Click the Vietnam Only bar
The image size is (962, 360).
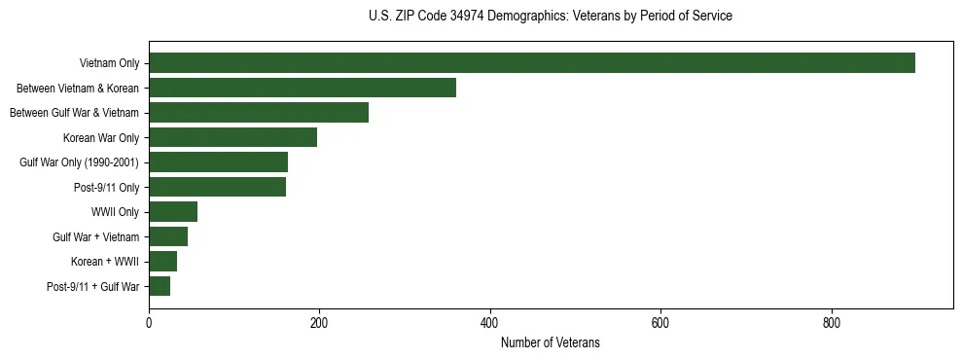532,63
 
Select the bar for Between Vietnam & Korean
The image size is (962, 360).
303,89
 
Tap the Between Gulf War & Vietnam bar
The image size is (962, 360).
259,113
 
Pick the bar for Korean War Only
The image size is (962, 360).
233,138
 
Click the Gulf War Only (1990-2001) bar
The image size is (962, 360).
219,162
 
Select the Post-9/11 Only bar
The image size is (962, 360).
218,188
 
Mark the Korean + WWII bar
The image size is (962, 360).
163,262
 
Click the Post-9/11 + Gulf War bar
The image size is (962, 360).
160,287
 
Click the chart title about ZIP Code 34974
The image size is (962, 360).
551,17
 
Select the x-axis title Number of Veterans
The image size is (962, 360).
551,343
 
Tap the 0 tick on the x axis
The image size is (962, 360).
149,323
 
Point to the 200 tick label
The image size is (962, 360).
319,323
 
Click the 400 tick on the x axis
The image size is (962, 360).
490,323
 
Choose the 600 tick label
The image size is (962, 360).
660,323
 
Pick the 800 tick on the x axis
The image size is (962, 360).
832,323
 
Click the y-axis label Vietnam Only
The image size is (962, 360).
109,64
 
